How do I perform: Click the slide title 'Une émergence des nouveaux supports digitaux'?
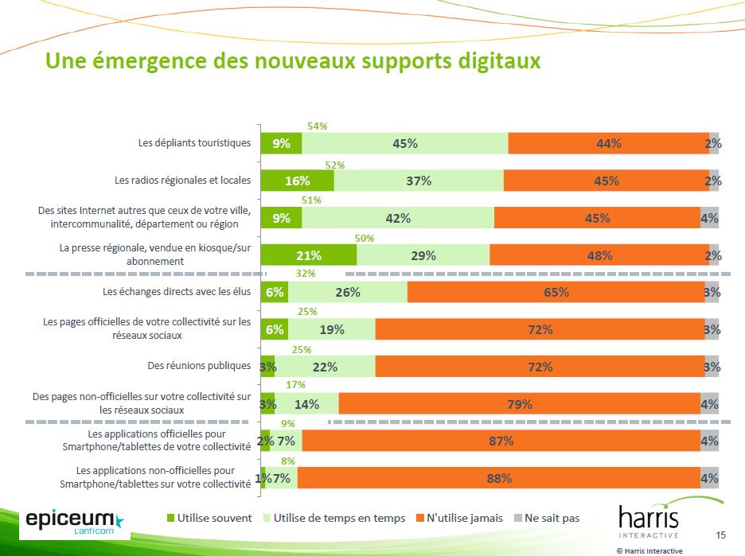(293, 60)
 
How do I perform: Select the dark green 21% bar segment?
(309, 255)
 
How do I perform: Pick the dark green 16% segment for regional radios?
(297, 181)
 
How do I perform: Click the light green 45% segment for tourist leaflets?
(405, 143)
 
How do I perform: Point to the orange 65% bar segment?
(556, 292)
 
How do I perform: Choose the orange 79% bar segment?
(519, 404)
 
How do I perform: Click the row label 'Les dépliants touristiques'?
(194, 143)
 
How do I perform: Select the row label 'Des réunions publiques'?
(199, 366)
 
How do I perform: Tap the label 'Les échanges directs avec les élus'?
(177, 291)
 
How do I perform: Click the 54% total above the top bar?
(318, 126)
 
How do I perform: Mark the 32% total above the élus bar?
(305, 274)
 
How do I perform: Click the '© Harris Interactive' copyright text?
(649, 550)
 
